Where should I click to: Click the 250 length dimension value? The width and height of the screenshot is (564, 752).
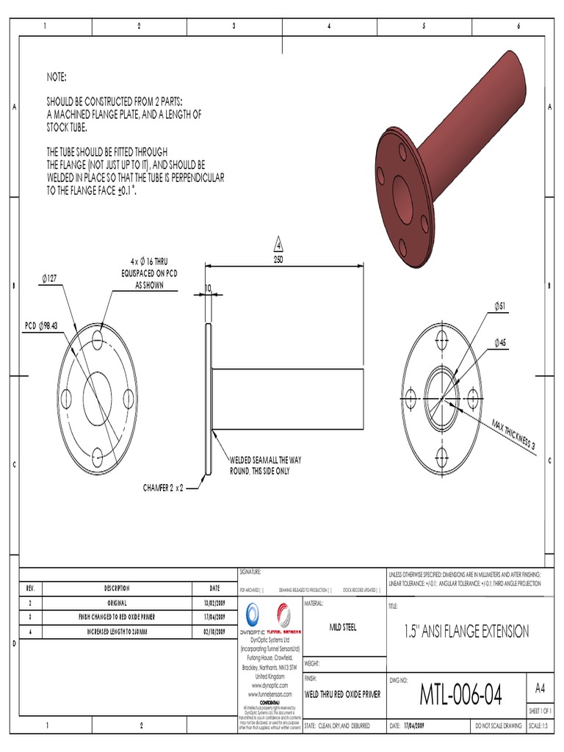point(278,259)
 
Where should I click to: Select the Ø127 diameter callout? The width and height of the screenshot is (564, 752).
point(54,279)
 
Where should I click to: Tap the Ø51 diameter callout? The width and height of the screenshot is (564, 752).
point(502,305)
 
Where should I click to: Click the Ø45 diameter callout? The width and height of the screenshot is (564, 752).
point(501,342)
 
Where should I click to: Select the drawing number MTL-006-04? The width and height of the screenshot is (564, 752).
point(460,693)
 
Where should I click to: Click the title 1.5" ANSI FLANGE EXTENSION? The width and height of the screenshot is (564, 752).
point(466,631)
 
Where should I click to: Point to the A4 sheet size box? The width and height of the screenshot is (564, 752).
point(540,688)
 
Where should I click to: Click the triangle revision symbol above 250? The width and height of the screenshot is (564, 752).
point(278,244)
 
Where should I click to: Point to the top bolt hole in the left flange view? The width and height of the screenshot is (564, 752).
point(98,338)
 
